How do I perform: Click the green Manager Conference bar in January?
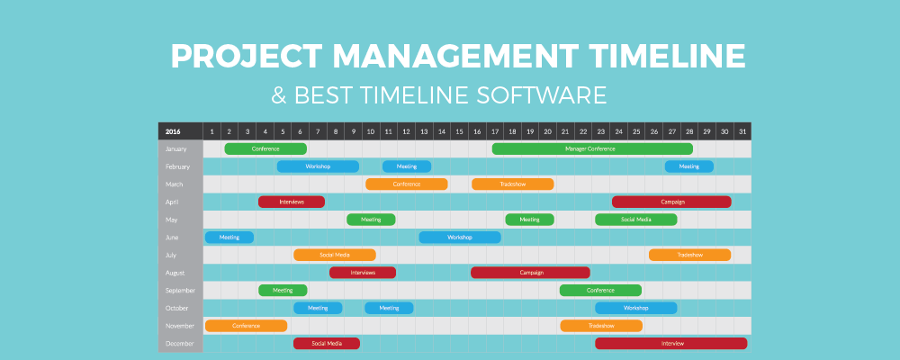[x=591, y=148]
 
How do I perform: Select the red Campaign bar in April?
[x=671, y=202]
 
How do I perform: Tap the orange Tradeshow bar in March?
[x=512, y=184]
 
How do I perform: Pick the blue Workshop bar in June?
[x=459, y=238]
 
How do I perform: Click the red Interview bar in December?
[x=671, y=343]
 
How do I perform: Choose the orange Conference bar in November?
[x=246, y=326]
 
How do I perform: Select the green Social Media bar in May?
[x=635, y=220]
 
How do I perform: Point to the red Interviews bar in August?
[x=362, y=272]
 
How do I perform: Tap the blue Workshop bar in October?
[x=635, y=308]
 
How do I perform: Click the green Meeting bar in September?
[x=283, y=290]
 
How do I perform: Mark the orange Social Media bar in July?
[x=335, y=255]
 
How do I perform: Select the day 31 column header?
[x=742, y=131]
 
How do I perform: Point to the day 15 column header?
[x=459, y=131]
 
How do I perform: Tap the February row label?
[x=178, y=166]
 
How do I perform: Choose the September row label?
[x=181, y=290]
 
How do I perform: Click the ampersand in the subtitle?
[x=279, y=94]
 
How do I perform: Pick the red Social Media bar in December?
[x=326, y=343]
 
